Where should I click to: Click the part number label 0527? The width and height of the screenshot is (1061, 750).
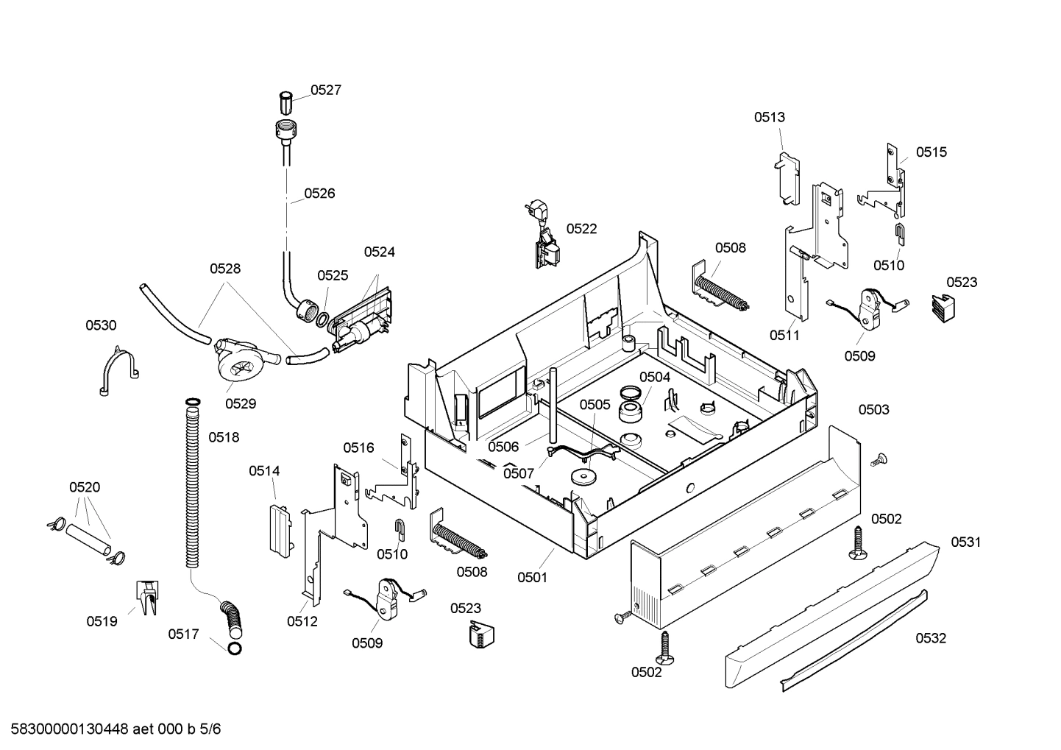(x=325, y=90)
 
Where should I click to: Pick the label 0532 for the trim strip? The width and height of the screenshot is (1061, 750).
(x=930, y=638)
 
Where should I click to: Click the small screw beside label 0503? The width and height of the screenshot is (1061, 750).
(x=877, y=460)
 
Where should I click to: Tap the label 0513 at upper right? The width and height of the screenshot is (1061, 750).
(x=769, y=116)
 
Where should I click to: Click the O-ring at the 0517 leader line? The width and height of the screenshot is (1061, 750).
(x=234, y=648)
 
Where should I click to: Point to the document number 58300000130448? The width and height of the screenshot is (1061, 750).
(x=66, y=729)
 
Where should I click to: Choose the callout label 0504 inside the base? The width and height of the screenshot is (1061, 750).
(x=654, y=377)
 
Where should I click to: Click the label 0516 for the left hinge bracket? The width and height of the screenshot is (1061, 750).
(x=358, y=447)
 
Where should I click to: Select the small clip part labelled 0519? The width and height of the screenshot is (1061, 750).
(x=146, y=596)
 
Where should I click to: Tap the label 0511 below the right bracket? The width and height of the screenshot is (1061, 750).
(x=784, y=335)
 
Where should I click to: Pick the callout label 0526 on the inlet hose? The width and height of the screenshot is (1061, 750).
(x=319, y=194)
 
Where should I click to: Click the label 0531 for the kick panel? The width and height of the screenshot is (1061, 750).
(x=965, y=542)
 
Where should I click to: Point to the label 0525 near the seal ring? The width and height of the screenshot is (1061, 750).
(x=333, y=275)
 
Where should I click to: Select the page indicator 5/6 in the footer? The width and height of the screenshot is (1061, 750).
(x=210, y=729)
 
